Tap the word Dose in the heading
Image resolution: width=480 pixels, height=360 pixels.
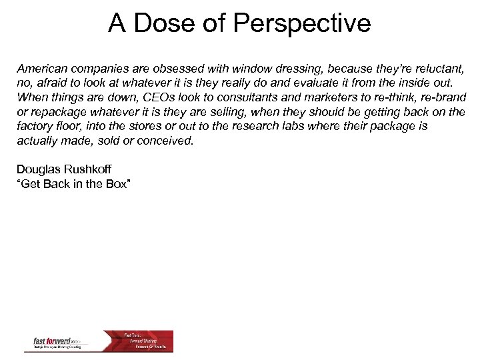(x=162, y=24)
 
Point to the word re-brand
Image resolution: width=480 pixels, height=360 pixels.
(x=442, y=97)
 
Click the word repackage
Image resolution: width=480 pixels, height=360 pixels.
(x=54, y=112)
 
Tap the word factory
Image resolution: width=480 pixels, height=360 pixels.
(x=35, y=126)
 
